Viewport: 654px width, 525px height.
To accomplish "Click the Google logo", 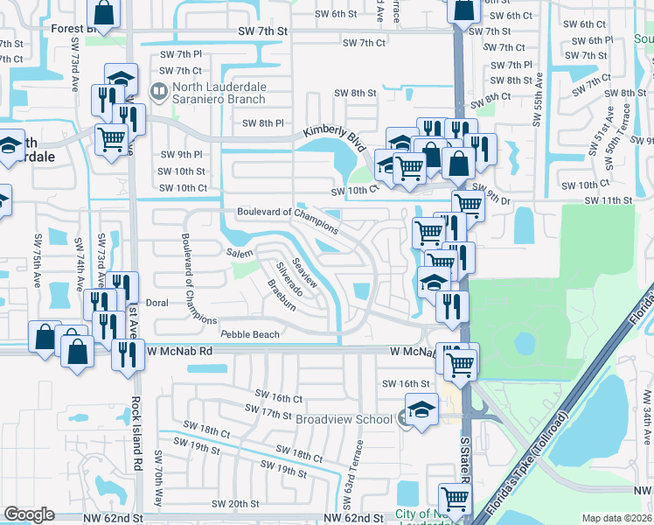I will (30, 514).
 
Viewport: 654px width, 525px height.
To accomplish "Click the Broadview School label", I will (344, 420).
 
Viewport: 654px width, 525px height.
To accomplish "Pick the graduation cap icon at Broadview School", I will (421, 410).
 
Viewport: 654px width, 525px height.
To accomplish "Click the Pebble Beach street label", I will (250, 334).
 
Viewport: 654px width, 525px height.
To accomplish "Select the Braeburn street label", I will (281, 296).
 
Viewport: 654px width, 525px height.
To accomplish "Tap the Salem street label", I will (240, 252).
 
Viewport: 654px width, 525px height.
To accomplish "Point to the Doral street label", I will (157, 303).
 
